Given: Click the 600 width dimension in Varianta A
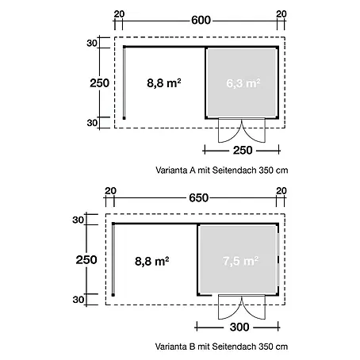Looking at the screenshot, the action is (201, 21).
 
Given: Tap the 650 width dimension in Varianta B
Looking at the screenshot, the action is (199, 197).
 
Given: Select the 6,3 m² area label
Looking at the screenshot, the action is (243, 83).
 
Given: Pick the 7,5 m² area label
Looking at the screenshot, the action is (240, 261).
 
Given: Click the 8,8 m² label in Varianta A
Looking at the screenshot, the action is (164, 83).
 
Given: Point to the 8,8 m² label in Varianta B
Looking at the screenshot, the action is (151, 261).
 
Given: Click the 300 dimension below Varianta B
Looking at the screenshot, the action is (239, 327).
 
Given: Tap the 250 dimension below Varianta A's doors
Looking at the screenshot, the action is (243, 151).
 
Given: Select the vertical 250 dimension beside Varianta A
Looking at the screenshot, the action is (99, 83).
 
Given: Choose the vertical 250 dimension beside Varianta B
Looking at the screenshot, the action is (86, 260).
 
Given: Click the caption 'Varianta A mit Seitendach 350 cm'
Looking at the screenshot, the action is (222, 170).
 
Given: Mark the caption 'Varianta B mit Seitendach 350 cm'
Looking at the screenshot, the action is (221, 347).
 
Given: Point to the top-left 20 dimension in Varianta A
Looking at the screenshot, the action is (119, 13).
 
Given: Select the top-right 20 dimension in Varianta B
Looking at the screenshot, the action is (281, 190).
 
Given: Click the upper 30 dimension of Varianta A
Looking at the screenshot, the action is (92, 43).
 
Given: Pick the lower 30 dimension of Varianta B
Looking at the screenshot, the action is (79, 300).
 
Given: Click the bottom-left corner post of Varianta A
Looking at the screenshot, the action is (124, 118).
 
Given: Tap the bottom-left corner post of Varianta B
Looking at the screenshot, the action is (113, 295).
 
